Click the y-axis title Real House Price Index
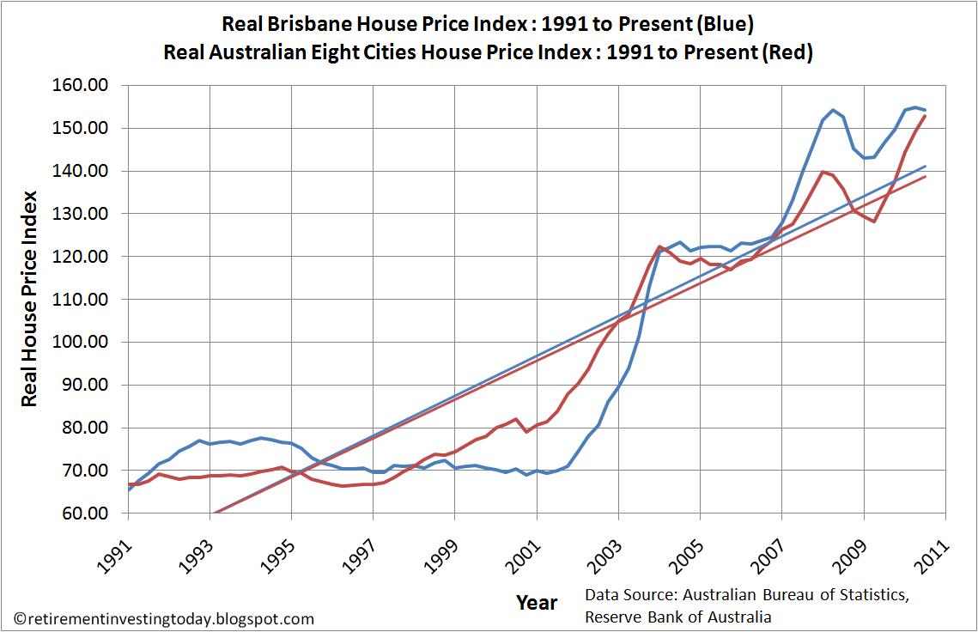(x=28, y=300)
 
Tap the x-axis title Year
(x=537, y=602)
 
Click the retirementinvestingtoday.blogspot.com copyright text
(x=164, y=618)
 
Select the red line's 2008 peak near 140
(x=823, y=172)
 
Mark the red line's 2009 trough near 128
(x=874, y=222)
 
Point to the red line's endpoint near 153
(x=925, y=116)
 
